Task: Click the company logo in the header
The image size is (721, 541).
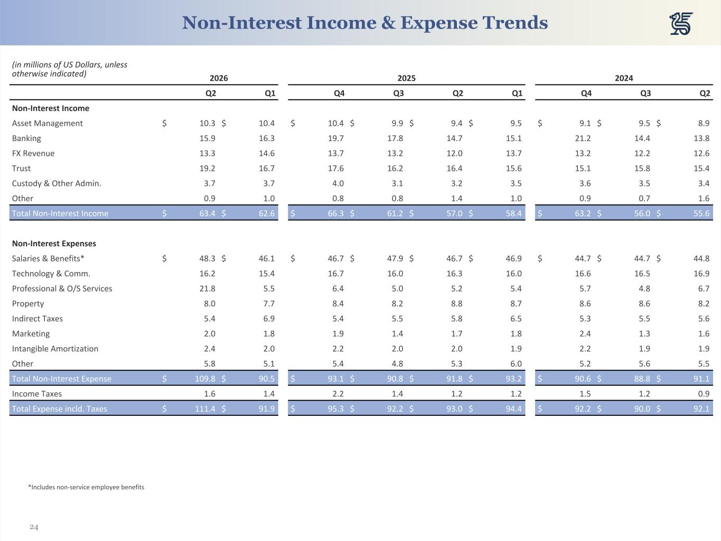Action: [681, 23]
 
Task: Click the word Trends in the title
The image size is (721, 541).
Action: [514, 23]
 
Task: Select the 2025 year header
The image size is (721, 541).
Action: [406, 78]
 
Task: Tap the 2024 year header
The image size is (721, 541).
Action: [624, 78]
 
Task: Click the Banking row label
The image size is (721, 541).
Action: [26, 138]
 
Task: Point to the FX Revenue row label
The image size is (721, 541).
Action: [33, 153]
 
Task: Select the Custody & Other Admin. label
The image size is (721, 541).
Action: [57, 183]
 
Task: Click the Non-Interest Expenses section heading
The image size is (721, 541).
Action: [54, 244]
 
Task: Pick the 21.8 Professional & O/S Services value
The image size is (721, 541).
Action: [207, 288]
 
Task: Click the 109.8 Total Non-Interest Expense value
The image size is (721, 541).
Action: [205, 378]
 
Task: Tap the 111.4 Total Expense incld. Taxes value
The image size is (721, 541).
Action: [205, 408]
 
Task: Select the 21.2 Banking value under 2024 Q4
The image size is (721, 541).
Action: [583, 138]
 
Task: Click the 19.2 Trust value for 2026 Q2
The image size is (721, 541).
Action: [207, 168]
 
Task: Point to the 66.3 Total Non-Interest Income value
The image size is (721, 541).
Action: [336, 213]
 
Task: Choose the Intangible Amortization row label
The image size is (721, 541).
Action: [55, 349]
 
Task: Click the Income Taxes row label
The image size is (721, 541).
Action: [37, 394]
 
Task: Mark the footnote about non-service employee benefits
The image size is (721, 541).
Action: [86, 487]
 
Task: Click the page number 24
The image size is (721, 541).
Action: [34, 527]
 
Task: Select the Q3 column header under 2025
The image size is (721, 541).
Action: [398, 94]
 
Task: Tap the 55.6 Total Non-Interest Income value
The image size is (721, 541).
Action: [701, 213]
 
